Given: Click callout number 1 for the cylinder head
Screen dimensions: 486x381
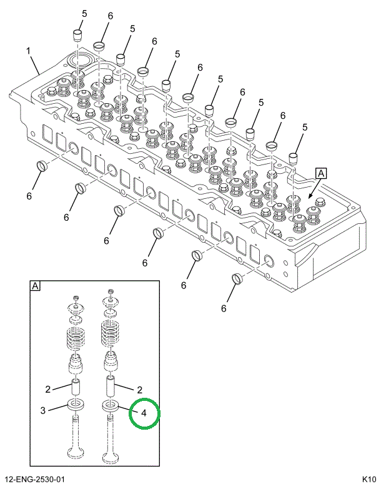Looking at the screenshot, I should pos(28,50).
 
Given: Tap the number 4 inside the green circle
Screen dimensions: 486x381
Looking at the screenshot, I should pos(144,413).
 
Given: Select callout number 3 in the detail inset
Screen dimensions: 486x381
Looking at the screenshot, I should pos(43,410).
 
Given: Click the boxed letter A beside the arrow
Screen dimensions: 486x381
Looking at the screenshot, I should pos(320,173).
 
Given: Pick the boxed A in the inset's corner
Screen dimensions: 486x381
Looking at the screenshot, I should pos(35,286).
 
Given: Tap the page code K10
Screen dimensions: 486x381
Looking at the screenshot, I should pos(368,479).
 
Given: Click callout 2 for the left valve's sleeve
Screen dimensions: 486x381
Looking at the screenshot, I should pos(47,389).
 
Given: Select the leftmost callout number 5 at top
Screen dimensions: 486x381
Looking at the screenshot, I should pos(84,14).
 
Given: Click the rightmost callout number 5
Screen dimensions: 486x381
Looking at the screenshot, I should pos(305,128).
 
